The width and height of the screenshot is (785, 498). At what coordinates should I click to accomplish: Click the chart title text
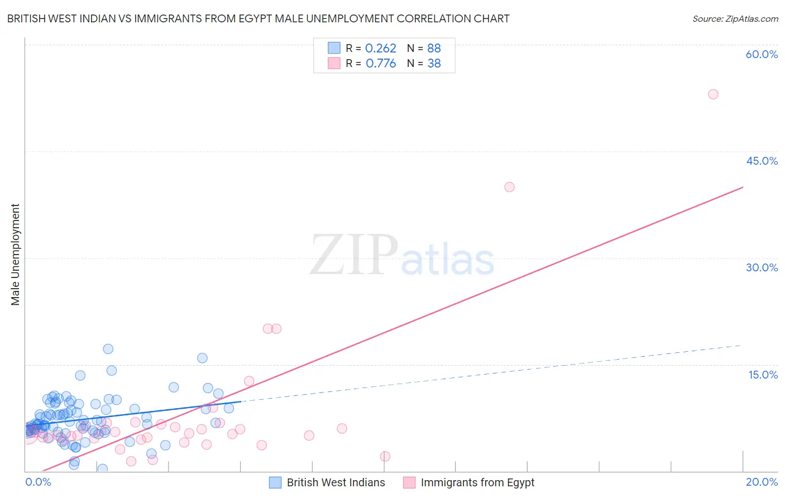point(258,18)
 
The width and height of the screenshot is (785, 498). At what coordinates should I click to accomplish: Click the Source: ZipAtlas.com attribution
point(735,18)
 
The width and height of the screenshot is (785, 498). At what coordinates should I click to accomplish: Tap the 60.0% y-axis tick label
point(762,54)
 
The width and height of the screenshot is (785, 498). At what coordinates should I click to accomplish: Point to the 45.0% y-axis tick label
point(762,161)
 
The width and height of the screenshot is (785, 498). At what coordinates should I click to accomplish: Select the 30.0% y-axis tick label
point(762,267)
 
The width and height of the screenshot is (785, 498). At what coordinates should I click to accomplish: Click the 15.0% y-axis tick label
point(763,375)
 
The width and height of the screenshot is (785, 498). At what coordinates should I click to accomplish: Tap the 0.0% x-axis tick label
point(38,482)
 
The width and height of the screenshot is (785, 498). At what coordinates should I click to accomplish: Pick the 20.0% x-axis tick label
point(762,482)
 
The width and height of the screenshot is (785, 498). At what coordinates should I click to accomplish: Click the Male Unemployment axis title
point(16,255)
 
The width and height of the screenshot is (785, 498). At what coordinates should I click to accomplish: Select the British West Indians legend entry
point(335,482)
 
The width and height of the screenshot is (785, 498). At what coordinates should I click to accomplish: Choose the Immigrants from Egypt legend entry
point(477,482)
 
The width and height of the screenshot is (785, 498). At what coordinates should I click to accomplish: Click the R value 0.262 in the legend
point(380,49)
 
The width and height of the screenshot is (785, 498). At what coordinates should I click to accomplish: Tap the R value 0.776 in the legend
point(381,64)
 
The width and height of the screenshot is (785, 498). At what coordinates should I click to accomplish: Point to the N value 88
point(434,49)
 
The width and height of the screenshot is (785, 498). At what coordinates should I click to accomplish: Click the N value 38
point(434,64)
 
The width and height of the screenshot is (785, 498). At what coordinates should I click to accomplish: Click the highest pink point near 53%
point(713,94)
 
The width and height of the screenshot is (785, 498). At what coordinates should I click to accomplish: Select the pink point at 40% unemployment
point(509,187)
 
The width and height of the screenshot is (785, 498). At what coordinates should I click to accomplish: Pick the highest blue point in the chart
point(108,349)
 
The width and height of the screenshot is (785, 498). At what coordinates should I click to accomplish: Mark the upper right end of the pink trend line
point(743,187)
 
